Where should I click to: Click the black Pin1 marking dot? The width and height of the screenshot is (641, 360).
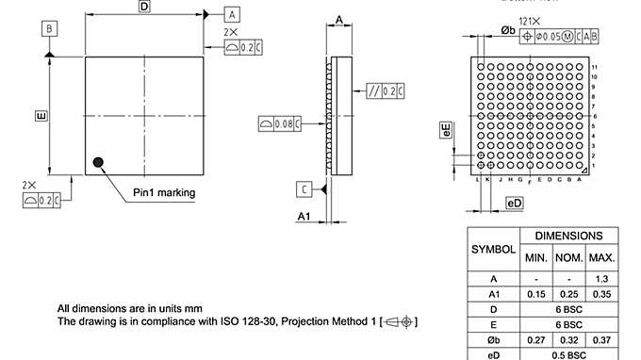(97, 162)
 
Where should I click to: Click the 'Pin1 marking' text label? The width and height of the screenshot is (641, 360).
(164, 192)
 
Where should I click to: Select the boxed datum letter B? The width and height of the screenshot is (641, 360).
(48, 29)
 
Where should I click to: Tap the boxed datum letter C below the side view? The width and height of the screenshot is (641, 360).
(304, 189)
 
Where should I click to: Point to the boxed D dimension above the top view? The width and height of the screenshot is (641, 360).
(144, 7)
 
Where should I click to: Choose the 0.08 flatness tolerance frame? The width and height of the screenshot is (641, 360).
(280, 123)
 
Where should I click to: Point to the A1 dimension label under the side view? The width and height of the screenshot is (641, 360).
(304, 217)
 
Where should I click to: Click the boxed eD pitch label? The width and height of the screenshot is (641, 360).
(514, 204)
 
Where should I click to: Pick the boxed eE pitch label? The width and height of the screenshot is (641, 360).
(446, 129)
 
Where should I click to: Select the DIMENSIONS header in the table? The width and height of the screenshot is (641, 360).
(569, 236)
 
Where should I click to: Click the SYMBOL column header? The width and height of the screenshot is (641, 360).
(493, 250)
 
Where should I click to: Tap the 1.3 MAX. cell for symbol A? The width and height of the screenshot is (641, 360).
(601, 279)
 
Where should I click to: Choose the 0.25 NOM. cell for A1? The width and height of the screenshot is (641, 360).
(569, 294)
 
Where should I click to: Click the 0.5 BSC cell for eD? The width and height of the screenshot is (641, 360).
(569, 355)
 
